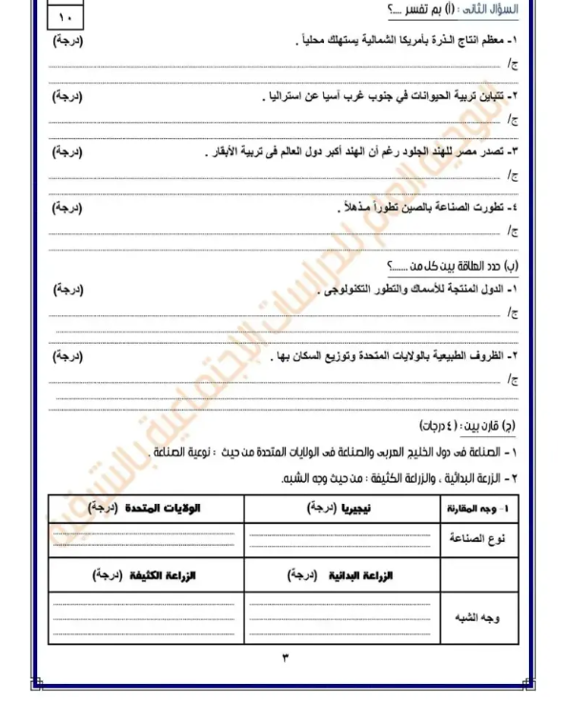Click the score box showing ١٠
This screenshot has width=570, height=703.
[66, 16]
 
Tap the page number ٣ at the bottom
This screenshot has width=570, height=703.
[284, 656]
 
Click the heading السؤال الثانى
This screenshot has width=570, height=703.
[483, 10]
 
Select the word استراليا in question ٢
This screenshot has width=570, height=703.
[285, 97]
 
